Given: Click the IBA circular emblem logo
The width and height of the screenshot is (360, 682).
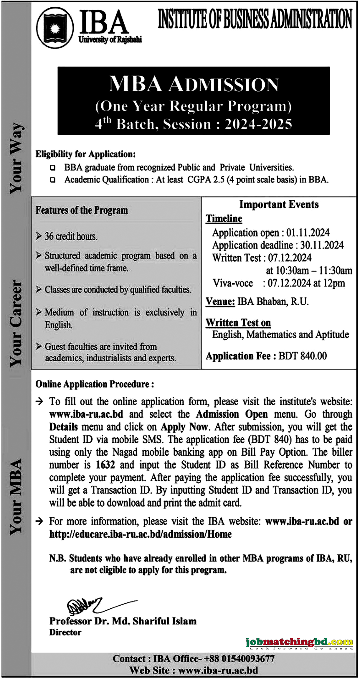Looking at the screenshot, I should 55,28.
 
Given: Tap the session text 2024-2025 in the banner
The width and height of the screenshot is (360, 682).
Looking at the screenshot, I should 258,124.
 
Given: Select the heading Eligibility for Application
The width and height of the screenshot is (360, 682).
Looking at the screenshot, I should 85,154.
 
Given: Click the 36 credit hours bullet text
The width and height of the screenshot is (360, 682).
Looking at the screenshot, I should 71,236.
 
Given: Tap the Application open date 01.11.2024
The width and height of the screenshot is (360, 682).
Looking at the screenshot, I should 308,233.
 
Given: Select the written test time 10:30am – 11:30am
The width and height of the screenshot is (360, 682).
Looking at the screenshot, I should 309,271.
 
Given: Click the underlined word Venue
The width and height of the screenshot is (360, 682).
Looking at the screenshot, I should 220,302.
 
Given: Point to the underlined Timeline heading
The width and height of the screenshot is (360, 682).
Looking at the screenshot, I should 224,218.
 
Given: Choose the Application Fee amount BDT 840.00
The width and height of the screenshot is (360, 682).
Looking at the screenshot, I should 303,356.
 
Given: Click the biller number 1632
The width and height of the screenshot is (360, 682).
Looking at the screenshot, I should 105,465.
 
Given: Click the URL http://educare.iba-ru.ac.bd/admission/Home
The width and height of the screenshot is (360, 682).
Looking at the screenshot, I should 140,534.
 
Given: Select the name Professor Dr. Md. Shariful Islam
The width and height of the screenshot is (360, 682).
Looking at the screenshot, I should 123,621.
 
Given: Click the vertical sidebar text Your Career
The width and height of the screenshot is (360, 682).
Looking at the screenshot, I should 16,323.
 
